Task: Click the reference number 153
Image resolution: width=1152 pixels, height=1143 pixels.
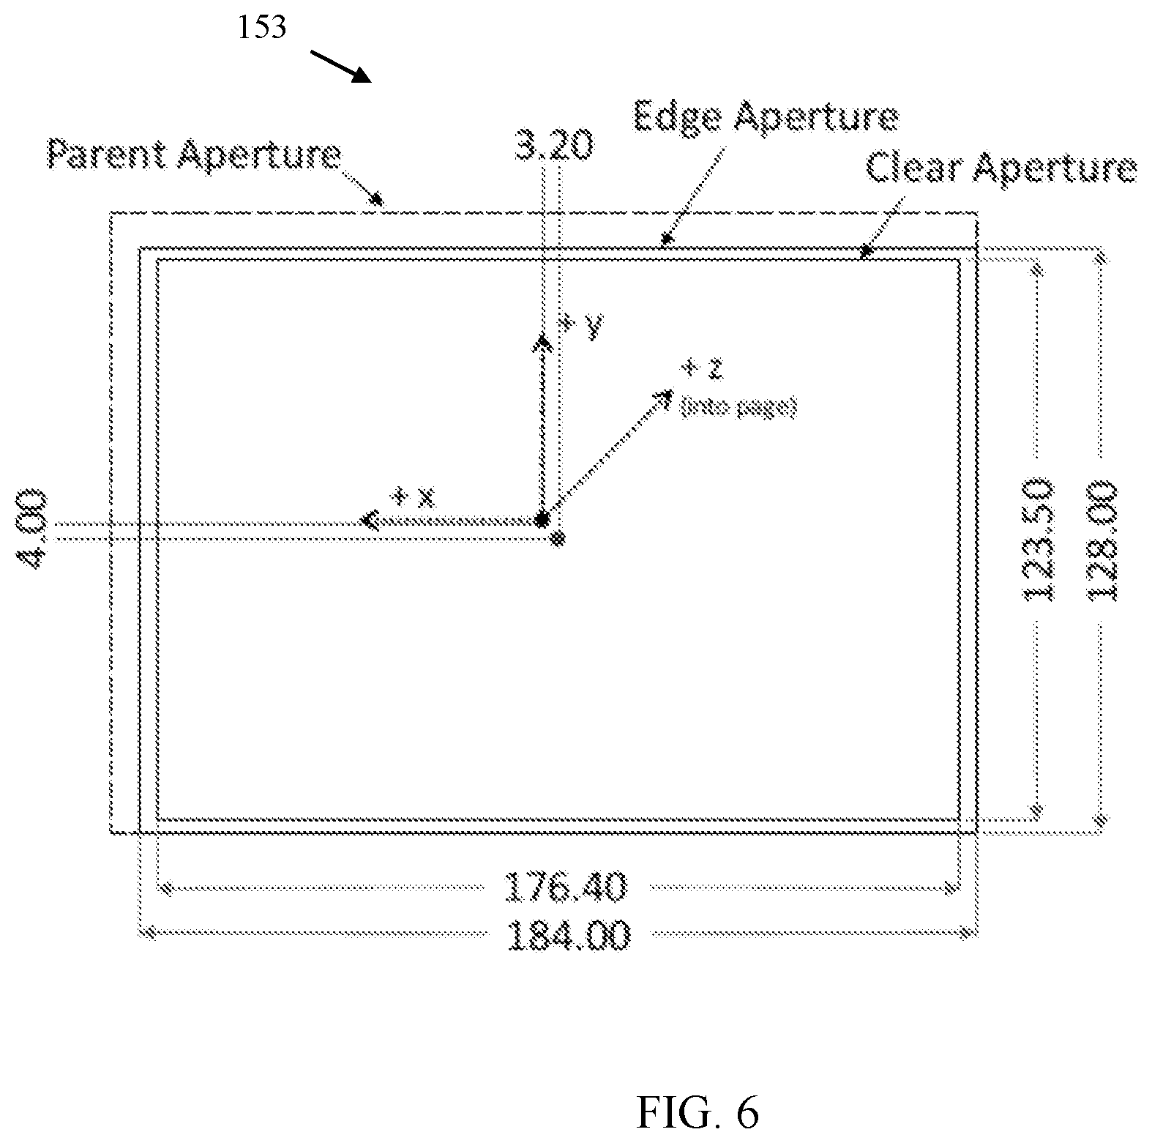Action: [x=261, y=27]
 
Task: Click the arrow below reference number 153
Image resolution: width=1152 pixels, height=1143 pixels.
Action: [x=343, y=66]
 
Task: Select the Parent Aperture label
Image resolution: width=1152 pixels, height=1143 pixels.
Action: [x=195, y=155]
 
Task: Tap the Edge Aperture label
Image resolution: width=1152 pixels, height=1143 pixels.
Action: [x=765, y=117]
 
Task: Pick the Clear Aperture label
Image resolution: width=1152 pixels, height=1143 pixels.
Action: [x=1001, y=168]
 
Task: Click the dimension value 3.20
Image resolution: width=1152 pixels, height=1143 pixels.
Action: [x=553, y=145]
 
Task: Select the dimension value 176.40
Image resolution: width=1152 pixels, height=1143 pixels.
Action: [x=567, y=887]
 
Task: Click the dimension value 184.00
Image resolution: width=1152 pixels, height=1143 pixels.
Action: [x=569, y=934]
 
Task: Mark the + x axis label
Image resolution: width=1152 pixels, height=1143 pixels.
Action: [x=413, y=499]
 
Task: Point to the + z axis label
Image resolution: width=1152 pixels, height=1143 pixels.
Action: [x=703, y=368]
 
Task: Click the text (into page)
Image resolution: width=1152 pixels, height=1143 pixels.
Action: [x=738, y=407]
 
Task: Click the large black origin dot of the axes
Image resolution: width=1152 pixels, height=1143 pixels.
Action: [x=542, y=519]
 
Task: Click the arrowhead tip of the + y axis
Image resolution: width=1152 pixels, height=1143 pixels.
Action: [x=542, y=338]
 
